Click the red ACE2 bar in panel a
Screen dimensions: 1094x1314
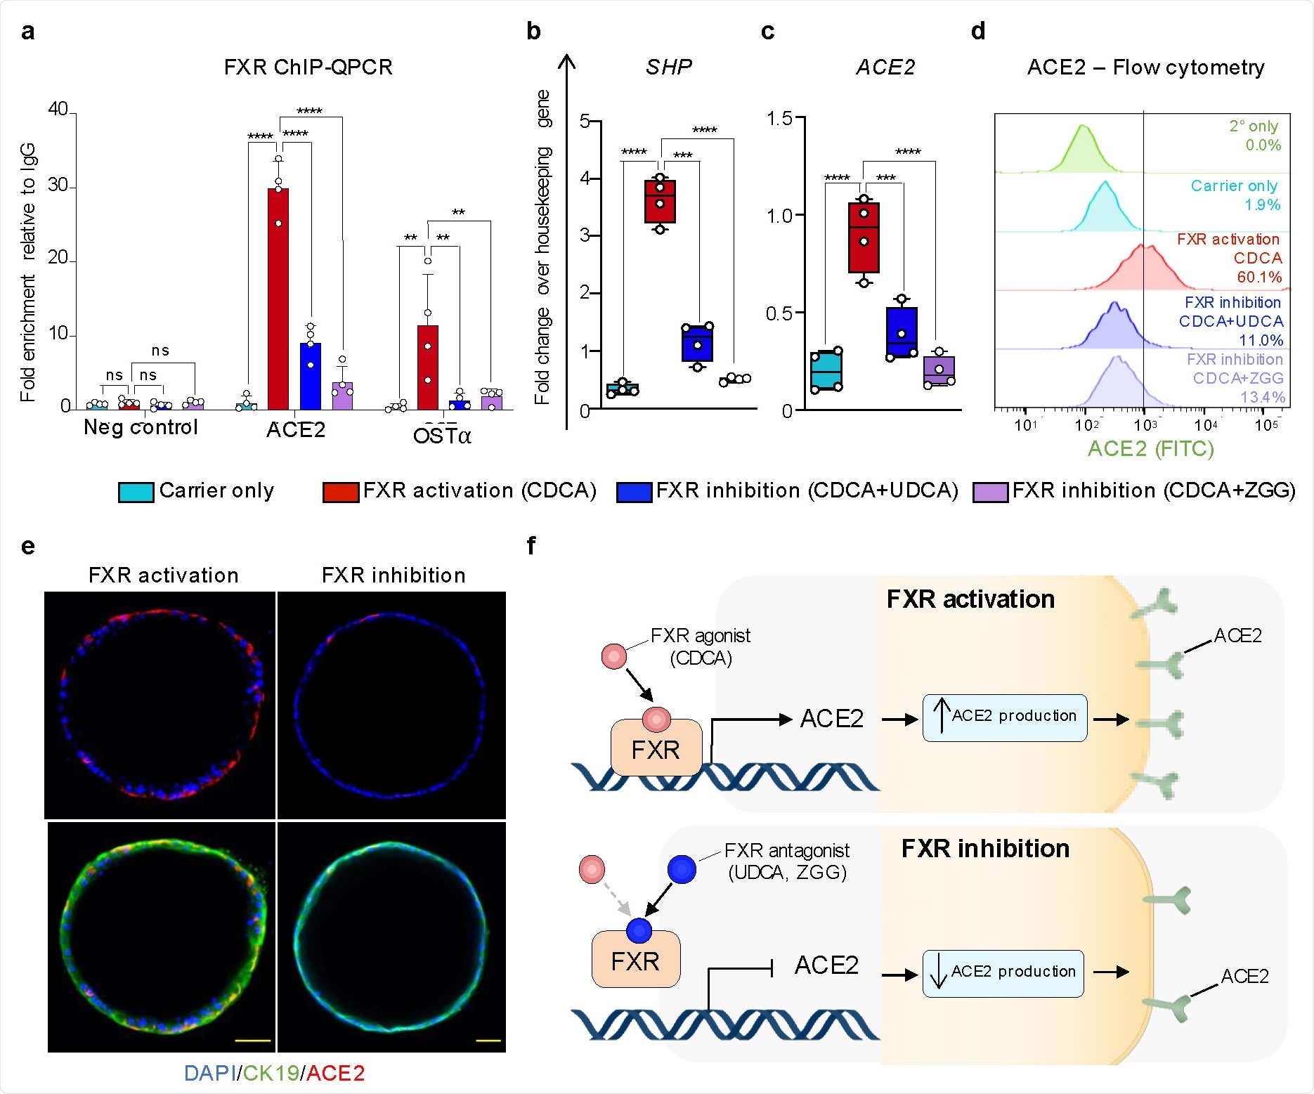pos(278,299)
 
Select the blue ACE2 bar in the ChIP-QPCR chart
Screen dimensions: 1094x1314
pos(310,376)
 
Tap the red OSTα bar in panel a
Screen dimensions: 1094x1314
pos(427,367)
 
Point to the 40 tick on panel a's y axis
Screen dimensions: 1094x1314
pos(58,110)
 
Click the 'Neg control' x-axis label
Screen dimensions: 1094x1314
pos(141,427)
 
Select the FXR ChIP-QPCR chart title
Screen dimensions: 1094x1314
pos(308,67)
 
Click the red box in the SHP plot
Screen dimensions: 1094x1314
pos(660,202)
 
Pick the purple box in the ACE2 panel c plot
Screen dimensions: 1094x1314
pos(939,370)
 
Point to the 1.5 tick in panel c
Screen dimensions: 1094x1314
pos(779,118)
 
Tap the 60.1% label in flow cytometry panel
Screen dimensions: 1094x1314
pos(1259,277)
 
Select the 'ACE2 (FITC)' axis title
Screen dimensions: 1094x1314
pos(1150,448)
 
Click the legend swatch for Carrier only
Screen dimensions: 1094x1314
pos(136,492)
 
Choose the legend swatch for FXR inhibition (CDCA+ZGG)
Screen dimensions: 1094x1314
pos(990,492)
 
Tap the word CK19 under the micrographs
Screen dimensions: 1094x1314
pos(271,1073)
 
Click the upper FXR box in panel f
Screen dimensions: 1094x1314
pos(656,749)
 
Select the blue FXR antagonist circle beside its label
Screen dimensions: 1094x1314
pos(682,869)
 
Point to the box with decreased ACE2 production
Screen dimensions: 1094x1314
pos(1003,973)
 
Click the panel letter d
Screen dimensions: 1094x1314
pos(977,32)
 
